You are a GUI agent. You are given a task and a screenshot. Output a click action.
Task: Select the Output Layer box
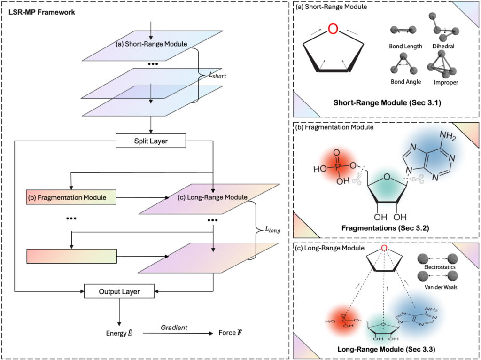coord(119,291)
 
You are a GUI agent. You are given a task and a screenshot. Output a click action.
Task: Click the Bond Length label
coord(405,47)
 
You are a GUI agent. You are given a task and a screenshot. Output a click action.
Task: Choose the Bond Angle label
coord(405,82)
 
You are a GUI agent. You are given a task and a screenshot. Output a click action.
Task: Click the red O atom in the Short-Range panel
coord(333,29)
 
